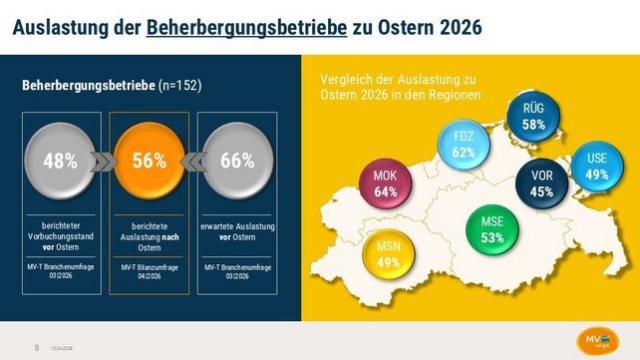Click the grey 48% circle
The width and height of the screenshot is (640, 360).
(x=60, y=162)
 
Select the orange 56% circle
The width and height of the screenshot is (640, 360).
(x=149, y=162)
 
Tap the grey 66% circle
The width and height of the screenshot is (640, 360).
(x=237, y=162)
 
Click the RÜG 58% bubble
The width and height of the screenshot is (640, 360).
(x=532, y=117)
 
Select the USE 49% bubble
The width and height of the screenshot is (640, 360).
(x=597, y=167)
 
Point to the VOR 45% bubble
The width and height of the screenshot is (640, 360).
(x=541, y=182)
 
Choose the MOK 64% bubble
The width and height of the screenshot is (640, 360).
(x=385, y=182)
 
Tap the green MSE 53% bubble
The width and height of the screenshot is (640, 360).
(x=491, y=229)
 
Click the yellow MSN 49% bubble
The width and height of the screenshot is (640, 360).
(x=389, y=253)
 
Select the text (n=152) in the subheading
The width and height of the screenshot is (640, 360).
(x=180, y=87)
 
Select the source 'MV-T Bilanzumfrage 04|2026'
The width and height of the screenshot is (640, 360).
(x=149, y=273)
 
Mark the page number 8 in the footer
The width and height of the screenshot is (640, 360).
(x=37, y=347)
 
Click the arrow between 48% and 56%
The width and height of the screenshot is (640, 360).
(x=105, y=162)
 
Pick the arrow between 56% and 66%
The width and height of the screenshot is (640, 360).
(x=192, y=162)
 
